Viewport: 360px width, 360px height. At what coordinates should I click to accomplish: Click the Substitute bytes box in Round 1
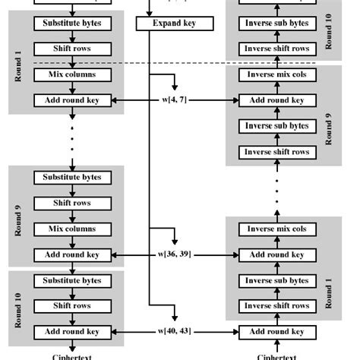point(72,24)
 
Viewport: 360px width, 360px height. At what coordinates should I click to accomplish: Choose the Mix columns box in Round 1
point(72,75)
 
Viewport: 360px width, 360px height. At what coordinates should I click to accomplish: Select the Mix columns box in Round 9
point(72,229)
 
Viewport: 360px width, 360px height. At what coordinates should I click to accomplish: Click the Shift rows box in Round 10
point(72,306)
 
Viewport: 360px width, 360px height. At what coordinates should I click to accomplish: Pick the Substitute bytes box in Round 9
point(72,178)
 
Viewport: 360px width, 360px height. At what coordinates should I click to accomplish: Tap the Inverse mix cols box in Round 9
point(276,75)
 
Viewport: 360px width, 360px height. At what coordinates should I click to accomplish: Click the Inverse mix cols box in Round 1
point(276,229)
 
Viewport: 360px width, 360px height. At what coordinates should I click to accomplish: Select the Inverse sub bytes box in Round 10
point(276,24)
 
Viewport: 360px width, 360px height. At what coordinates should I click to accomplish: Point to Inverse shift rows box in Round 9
point(276,152)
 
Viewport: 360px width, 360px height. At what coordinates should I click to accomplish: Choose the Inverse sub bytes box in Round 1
point(276,280)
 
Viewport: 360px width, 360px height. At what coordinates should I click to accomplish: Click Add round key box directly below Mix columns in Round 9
point(72,255)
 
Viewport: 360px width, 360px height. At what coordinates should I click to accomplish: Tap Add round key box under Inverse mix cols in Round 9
point(276,100)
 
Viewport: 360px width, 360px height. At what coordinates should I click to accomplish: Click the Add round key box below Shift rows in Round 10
point(72,332)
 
